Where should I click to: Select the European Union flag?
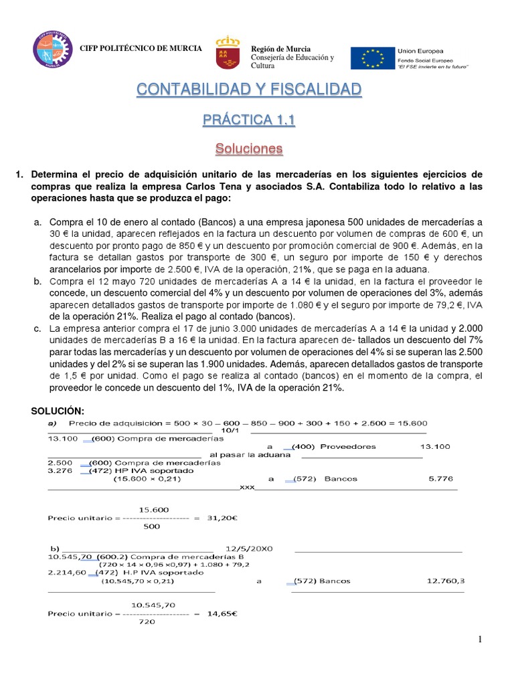coord(372,58)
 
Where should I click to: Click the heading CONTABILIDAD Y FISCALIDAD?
coord(249,90)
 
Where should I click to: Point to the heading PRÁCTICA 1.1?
coord(249,120)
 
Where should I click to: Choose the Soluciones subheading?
coord(249,148)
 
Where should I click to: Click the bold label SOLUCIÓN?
coord(59,410)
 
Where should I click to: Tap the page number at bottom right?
coord(480,640)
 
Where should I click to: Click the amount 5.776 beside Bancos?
coord(440,479)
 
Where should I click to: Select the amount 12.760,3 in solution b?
coord(445,581)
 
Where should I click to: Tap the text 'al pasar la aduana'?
coord(250,455)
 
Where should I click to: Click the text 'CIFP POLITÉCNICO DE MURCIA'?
coord(141,49)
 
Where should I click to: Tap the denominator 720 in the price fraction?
coord(146,621)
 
